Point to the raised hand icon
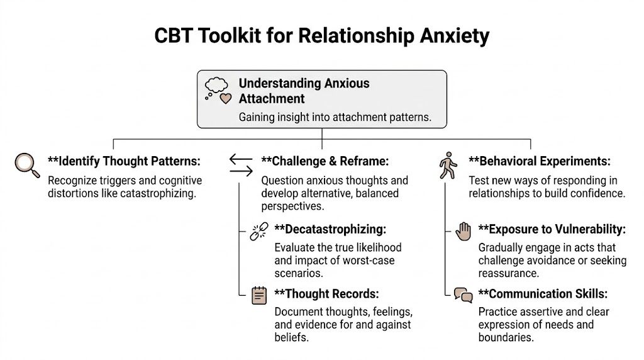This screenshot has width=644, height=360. click(463, 231)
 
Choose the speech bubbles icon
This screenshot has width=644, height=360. click(463, 295)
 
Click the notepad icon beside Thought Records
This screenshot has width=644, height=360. click(258, 295)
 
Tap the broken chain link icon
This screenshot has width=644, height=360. click(258, 231)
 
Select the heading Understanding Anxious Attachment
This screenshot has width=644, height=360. click(304, 91)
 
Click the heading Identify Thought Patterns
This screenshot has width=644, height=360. click(124, 161)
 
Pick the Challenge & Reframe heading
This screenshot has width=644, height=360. click(325, 161)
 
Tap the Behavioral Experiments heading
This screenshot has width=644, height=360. click(540, 161)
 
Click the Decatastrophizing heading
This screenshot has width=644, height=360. click(330, 229)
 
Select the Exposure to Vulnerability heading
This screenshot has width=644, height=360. click(552, 229)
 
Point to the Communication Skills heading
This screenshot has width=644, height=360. click(542, 294)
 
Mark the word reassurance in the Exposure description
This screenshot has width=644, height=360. click(509, 273)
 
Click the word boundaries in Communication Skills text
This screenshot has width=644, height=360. click(506, 337)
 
